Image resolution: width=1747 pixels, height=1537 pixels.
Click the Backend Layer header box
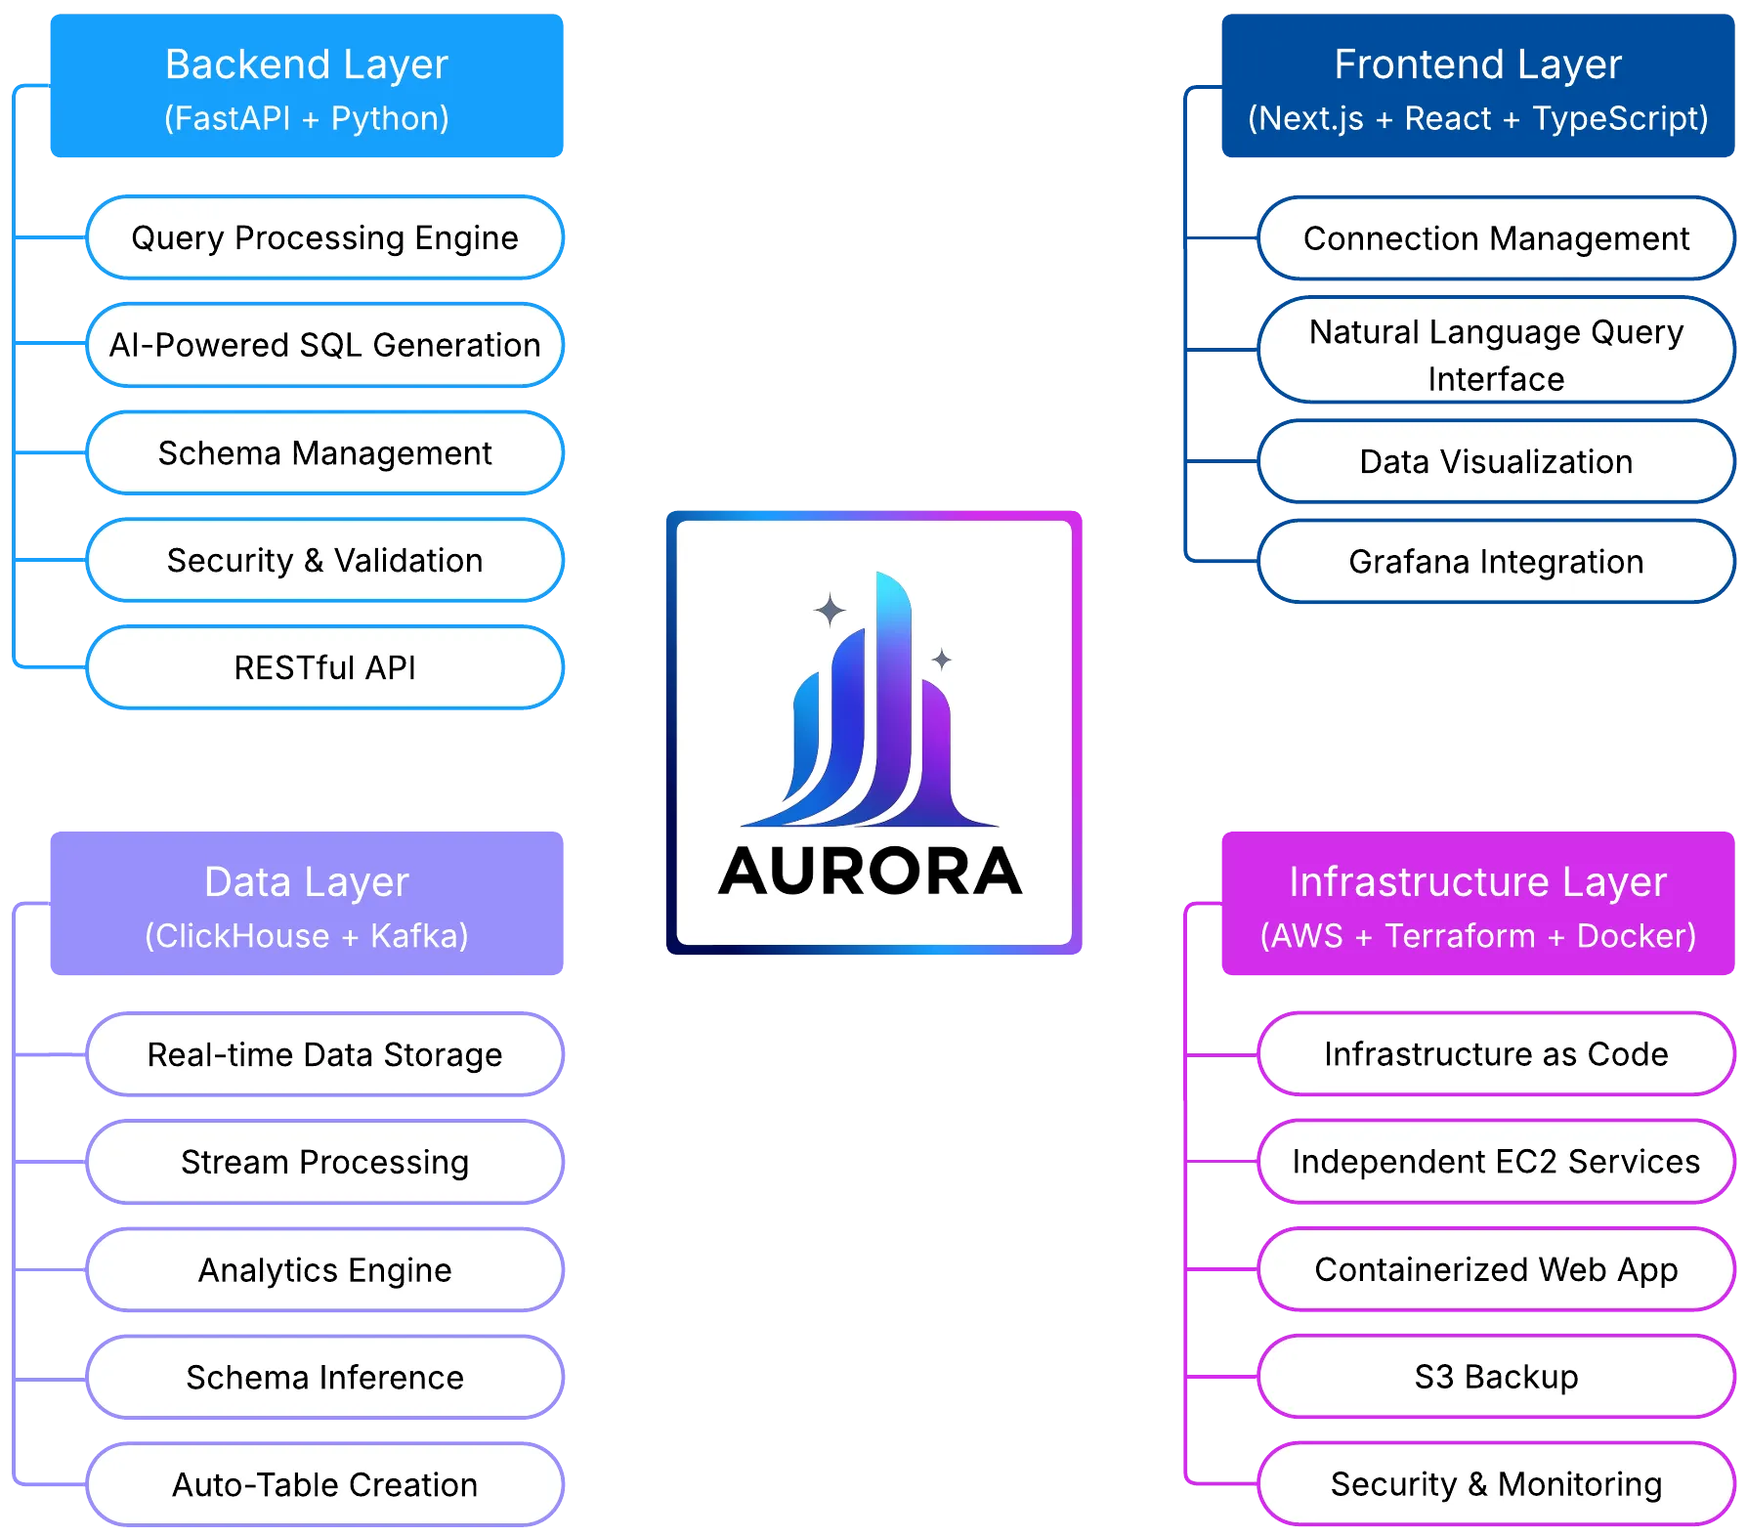(307, 87)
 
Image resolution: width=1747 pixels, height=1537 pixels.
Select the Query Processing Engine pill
(324, 238)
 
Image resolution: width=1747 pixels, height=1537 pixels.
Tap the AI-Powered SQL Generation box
(324, 345)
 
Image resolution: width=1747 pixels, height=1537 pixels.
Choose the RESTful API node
(324, 667)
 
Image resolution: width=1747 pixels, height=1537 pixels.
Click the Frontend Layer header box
(1477, 87)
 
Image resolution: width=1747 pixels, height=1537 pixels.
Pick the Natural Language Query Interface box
(1495, 355)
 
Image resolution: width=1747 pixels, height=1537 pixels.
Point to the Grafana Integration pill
(1495, 562)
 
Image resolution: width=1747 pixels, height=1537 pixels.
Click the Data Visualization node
(1495, 461)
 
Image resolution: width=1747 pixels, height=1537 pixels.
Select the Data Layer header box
(307, 905)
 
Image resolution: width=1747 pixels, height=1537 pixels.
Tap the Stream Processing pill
(324, 1162)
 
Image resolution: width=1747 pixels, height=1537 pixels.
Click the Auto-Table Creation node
(324, 1484)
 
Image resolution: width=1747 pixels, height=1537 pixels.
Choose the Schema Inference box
(324, 1377)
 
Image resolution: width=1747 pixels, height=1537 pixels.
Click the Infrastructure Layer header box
(1477, 905)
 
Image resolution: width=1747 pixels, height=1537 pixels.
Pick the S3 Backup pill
(1495, 1377)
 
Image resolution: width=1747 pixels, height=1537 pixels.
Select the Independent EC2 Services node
(1495, 1162)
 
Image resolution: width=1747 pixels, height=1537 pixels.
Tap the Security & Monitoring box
(1495, 1484)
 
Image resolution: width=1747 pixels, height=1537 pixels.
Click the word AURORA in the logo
(870, 872)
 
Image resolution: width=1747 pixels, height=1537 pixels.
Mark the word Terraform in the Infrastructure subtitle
(1460, 936)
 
